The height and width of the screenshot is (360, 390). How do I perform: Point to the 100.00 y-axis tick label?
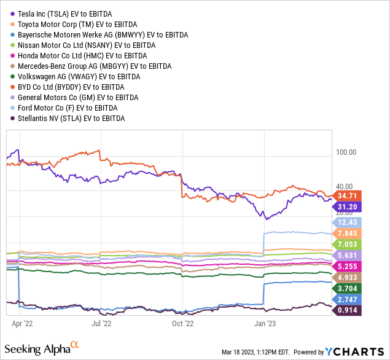(x=345, y=152)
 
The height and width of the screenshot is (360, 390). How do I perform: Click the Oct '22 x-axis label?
(x=182, y=321)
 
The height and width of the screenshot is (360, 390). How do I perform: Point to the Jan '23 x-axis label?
(x=263, y=321)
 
